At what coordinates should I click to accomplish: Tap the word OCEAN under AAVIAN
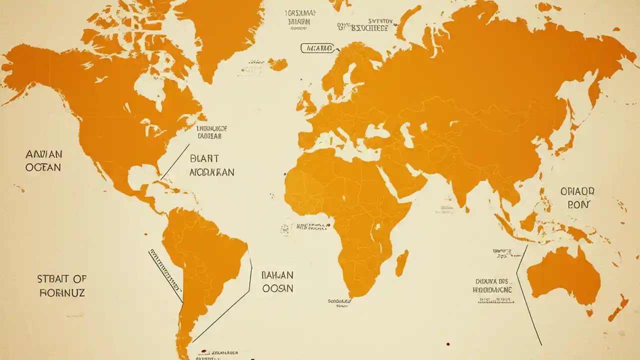pos(43,167)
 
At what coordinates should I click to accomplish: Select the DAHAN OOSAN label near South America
pos(277,281)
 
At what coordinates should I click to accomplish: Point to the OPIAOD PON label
pos(577,197)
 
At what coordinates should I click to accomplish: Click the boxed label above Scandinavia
pos(316,48)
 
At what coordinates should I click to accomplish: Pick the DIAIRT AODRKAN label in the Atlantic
pos(211,165)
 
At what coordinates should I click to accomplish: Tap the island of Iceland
pos(277,64)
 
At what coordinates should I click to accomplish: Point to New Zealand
pos(618,307)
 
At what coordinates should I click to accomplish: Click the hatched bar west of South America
pos(165,270)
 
